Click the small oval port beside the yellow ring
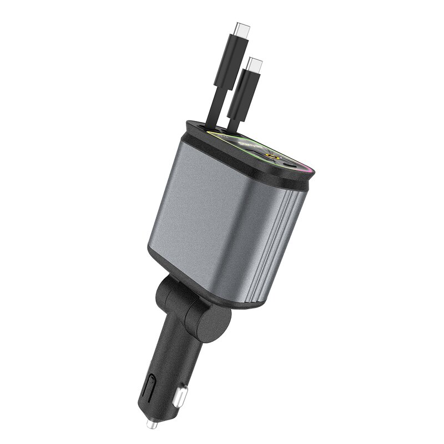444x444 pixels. pos(289,164)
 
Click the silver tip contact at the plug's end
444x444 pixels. pos(150,424)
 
